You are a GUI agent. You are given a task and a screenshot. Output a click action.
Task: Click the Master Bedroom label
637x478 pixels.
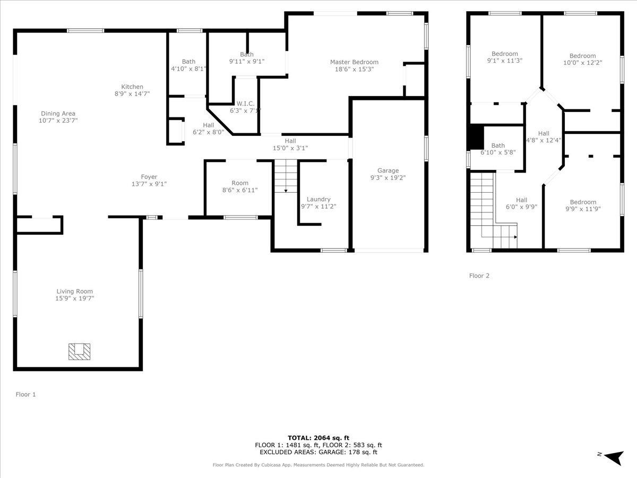click(354, 62)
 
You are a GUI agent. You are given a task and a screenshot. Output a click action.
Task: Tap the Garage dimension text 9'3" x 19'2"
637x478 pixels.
click(388, 178)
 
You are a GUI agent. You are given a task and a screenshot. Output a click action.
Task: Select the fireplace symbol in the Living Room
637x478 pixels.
click(79, 351)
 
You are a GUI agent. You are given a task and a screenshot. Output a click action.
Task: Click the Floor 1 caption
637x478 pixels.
click(26, 395)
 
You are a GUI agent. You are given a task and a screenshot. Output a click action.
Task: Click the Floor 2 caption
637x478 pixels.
click(479, 276)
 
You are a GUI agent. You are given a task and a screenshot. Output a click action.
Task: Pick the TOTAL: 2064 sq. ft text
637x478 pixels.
click(318, 438)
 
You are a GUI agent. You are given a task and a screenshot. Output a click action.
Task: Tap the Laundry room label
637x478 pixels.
click(318, 199)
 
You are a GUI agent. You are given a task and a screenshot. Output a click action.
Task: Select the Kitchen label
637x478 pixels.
click(132, 87)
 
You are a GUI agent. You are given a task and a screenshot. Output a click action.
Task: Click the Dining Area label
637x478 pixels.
click(58, 113)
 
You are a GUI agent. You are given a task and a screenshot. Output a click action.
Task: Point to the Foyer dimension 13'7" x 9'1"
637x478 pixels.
click(149, 184)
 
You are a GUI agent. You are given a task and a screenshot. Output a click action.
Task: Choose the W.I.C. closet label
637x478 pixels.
click(246, 104)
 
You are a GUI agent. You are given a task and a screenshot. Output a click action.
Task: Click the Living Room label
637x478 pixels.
click(75, 291)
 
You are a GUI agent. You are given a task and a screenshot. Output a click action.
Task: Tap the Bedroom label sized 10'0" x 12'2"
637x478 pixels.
click(582, 56)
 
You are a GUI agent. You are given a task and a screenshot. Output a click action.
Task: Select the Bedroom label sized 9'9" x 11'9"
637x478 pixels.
click(583, 202)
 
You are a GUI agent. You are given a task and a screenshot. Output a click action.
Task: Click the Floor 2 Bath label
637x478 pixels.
click(498, 146)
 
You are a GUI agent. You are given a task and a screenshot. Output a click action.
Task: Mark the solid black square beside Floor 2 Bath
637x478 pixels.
click(475, 137)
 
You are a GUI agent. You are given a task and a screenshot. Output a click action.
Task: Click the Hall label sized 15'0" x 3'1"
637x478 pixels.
click(290, 141)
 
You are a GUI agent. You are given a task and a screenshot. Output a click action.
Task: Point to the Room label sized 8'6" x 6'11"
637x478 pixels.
click(240, 183)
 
